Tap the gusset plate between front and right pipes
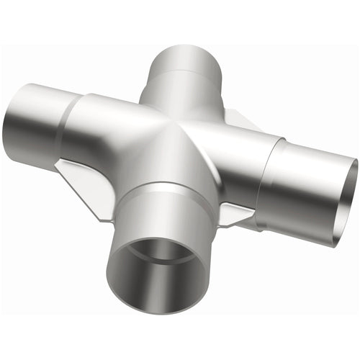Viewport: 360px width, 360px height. (235, 213)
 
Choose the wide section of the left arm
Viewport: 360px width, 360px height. (101, 130)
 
